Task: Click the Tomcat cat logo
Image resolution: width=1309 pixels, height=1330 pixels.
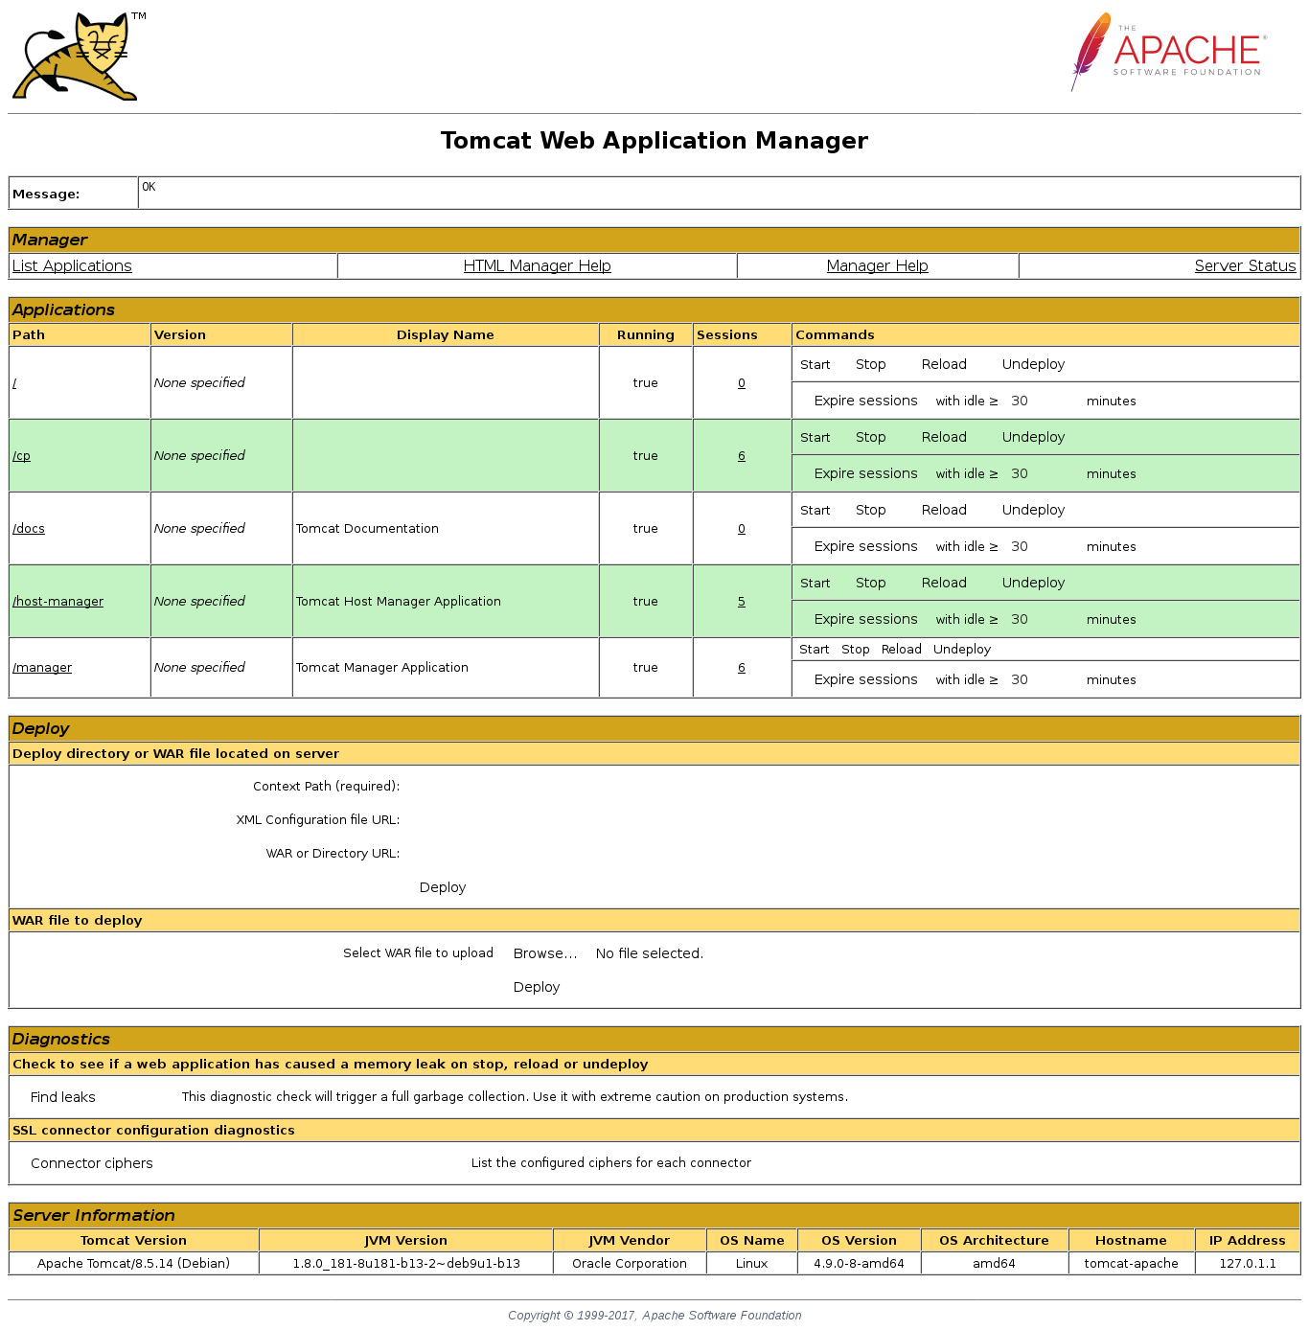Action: [x=77, y=57]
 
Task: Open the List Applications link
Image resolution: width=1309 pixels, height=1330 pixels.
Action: [x=72, y=266]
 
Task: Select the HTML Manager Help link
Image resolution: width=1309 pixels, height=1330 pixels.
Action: [x=537, y=266]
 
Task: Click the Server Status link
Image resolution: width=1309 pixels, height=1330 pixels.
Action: [x=1245, y=266]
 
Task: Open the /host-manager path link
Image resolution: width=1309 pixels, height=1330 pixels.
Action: [x=57, y=602]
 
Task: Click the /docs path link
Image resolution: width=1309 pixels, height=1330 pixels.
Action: [x=29, y=529]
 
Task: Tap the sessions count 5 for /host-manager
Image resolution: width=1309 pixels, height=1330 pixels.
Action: [x=742, y=602]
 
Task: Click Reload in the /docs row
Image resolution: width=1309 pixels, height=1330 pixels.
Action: [x=944, y=510]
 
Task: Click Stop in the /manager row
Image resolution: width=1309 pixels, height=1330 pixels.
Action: [x=855, y=650]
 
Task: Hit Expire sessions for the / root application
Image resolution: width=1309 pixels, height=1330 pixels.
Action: [x=865, y=401]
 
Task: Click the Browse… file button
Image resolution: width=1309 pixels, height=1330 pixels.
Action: [x=544, y=953]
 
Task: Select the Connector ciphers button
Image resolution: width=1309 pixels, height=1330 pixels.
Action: [x=92, y=1163]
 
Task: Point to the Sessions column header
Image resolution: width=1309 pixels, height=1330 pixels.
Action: [x=726, y=335]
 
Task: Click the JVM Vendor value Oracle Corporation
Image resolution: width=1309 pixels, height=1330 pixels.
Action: [x=629, y=1264]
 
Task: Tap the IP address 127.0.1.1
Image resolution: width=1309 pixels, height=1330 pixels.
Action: [x=1247, y=1264]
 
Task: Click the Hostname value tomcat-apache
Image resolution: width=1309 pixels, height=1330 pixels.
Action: [x=1131, y=1264]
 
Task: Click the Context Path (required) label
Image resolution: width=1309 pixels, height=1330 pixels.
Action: [x=326, y=787]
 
